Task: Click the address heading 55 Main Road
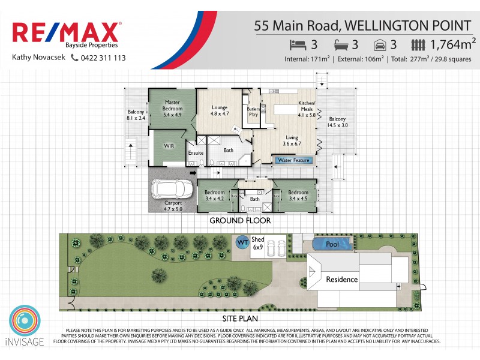[363, 26]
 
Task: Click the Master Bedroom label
[172, 108]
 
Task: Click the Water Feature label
[293, 160]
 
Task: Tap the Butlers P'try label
[253, 112]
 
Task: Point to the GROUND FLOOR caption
[240, 221]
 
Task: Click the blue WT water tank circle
[242, 242]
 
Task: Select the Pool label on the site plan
[332, 244]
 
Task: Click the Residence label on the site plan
[341, 280]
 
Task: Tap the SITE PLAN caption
[240, 319]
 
